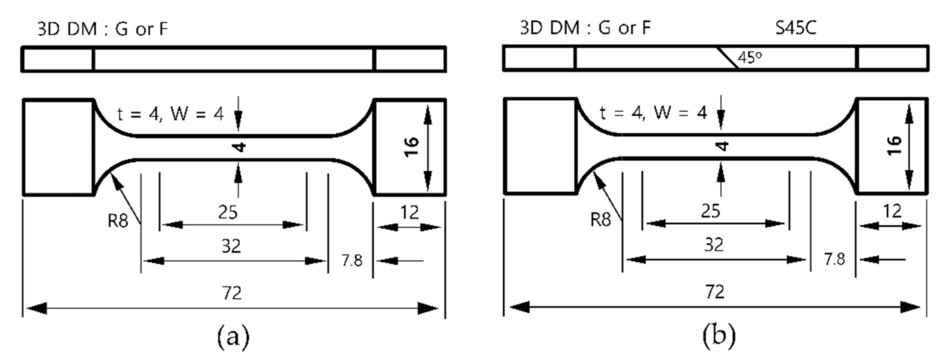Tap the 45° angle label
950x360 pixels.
click(x=750, y=58)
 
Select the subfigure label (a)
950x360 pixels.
click(x=233, y=336)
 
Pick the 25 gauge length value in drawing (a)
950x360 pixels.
click(x=232, y=212)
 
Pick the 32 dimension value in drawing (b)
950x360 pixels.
click(x=714, y=245)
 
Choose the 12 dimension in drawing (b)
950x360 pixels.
click(x=891, y=212)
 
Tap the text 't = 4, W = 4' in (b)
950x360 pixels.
click(x=653, y=113)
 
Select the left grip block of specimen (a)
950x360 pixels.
click(x=58, y=147)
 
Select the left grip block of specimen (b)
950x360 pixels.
click(x=540, y=147)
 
